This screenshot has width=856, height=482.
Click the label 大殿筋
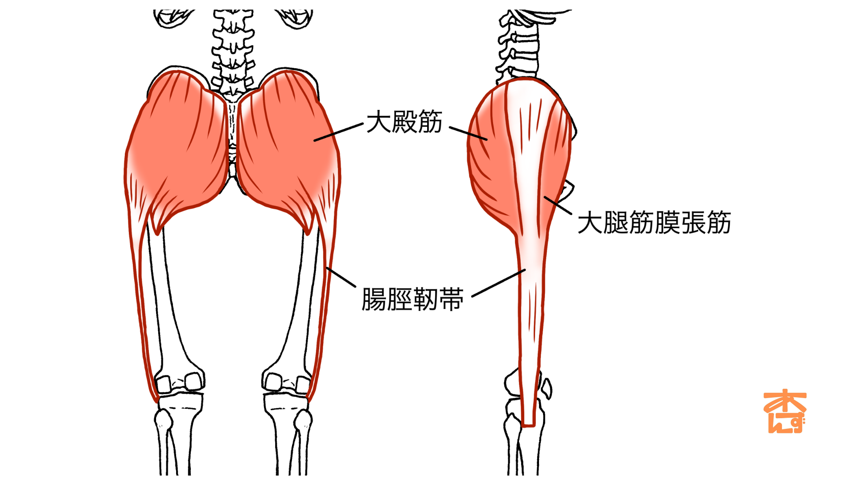404,121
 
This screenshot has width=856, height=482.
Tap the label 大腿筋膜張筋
654,222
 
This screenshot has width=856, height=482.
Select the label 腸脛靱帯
412,299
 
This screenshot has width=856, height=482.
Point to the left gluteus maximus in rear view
178,147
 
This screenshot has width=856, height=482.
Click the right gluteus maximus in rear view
285,147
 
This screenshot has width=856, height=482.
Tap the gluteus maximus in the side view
490,170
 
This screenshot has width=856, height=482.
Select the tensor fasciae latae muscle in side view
555,152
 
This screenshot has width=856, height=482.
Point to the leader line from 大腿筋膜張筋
558,205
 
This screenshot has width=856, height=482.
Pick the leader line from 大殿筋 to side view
468,133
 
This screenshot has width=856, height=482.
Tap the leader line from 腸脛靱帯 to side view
498,283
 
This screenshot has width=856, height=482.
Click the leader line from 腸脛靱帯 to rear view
341,277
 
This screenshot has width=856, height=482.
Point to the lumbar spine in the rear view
233,49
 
